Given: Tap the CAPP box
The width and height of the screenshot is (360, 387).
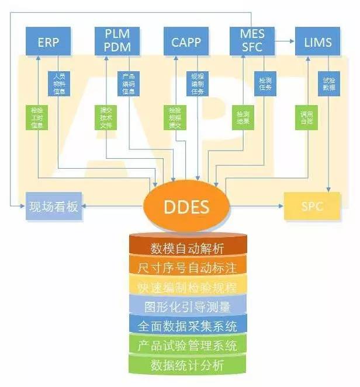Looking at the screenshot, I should (186, 42).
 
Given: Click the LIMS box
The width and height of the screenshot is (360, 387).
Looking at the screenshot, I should (318, 42).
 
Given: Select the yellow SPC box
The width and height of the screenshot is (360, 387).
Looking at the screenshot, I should (312, 207).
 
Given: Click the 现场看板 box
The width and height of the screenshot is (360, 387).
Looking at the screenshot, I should (53, 207).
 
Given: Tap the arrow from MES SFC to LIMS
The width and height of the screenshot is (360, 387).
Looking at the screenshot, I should (283, 41).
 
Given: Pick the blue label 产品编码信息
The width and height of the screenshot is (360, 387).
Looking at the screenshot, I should (129, 84).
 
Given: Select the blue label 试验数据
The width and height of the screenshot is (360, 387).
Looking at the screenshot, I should (329, 83).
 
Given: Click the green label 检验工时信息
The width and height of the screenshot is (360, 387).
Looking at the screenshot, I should (37, 117).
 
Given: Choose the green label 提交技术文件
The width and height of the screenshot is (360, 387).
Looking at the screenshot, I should (106, 117).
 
